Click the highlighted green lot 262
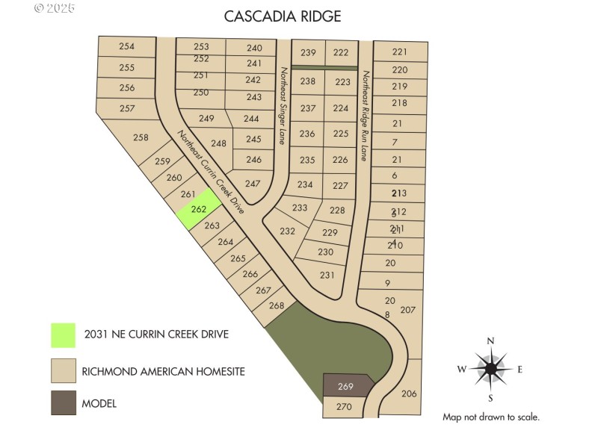[x=199, y=209]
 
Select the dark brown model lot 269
[x=346, y=386]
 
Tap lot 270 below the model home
[x=343, y=407]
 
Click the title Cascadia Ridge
[x=283, y=16]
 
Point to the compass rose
[x=491, y=368]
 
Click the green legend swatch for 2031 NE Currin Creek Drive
[x=63, y=335]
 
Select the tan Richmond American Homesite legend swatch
[x=63, y=370]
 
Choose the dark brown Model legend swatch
[x=63, y=403]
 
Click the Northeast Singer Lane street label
[x=283, y=105]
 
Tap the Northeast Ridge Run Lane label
[x=365, y=116]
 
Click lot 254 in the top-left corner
[x=127, y=46]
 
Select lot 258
[x=141, y=137]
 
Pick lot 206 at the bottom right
[x=409, y=393]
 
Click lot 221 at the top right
[x=400, y=52]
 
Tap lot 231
[x=327, y=275]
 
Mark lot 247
[x=253, y=184]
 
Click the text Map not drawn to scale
[x=490, y=417]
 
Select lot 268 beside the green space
[x=277, y=305]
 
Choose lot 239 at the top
[x=308, y=52]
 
